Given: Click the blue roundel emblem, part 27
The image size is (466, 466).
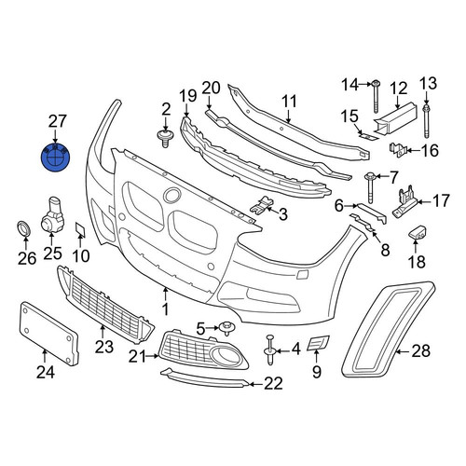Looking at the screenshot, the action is pos(56,158).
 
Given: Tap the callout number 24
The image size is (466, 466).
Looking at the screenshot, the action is pos(46,372).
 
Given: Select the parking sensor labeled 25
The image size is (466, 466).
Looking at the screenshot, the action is pos(52,214).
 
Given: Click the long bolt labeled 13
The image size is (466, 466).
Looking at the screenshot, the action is pos(426,122).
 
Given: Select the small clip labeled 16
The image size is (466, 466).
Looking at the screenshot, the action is pos(398,150).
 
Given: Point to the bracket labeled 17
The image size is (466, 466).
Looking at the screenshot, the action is pos(404,201).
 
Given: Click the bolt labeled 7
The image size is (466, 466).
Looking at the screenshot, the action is pos(371,188).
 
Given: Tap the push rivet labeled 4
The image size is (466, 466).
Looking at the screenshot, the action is pos(270,349).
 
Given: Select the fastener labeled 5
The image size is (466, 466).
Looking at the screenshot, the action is pos(226,328).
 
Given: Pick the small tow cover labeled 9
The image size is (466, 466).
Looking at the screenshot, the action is pos(318,343).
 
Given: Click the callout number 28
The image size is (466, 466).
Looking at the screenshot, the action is pos(421,351).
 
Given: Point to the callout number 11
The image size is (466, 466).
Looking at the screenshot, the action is pos(290,102).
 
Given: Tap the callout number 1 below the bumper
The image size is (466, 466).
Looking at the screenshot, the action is pos(166,309).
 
